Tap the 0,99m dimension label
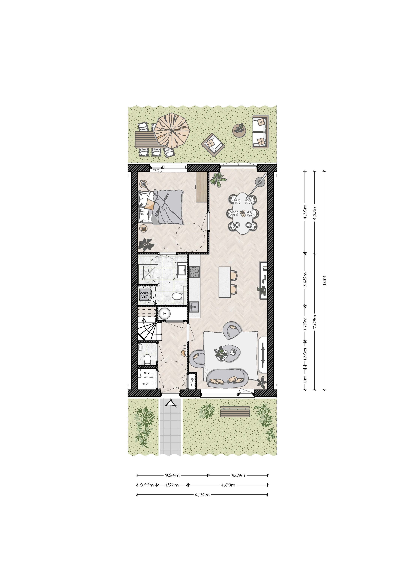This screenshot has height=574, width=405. click(x=147, y=485)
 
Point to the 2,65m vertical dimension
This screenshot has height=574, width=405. click(x=305, y=279)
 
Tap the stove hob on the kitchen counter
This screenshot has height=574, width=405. click(x=194, y=272)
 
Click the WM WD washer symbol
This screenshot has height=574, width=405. click(x=145, y=295)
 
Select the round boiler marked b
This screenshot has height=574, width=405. click(x=164, y=314)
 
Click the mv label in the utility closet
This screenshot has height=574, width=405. click(x=146, y=373)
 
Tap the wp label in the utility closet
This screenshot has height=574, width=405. click(x=145, y=383)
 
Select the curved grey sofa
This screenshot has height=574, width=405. click(x=227, y=378)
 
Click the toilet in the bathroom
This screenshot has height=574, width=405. click(x=177, y=296)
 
